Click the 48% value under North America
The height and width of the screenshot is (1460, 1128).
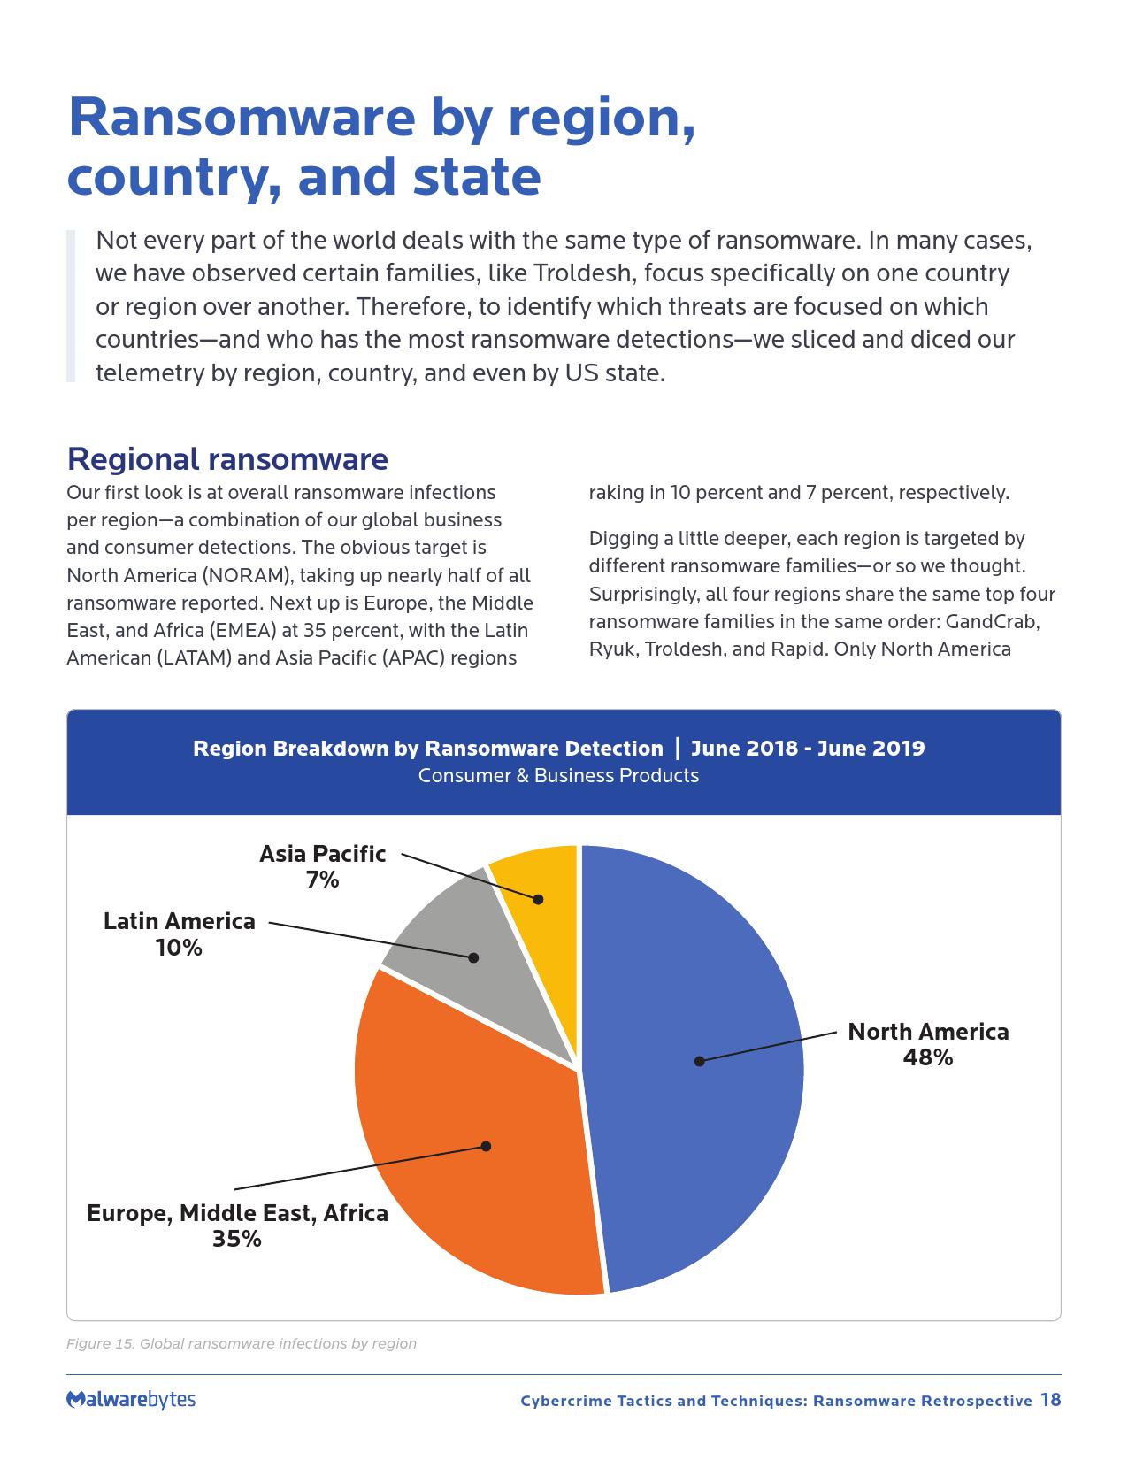(x=927, y=1057)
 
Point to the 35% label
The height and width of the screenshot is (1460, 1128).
(x=237, y=1239)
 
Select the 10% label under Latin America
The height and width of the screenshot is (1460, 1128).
(x=179, y=948)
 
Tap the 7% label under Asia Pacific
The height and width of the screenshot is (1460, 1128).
(x=323, y=880)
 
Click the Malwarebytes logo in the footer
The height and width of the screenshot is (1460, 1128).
(x=131, y=1399)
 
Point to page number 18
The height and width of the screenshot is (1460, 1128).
(x=1050, y=1400)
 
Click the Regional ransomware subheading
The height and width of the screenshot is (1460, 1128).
(x=227, y=459)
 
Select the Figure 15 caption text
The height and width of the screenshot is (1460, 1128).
(x=242, y=1343)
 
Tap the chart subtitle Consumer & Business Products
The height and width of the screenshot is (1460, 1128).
(x=558, y=776)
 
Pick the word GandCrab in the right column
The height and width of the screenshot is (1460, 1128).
(x=992, y=621)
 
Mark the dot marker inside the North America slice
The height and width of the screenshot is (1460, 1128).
(x=699, y=1061)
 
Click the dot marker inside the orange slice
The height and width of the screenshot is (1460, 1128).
(x=486, y=1146)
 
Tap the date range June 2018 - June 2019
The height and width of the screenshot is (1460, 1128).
(x=808, y=749)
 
